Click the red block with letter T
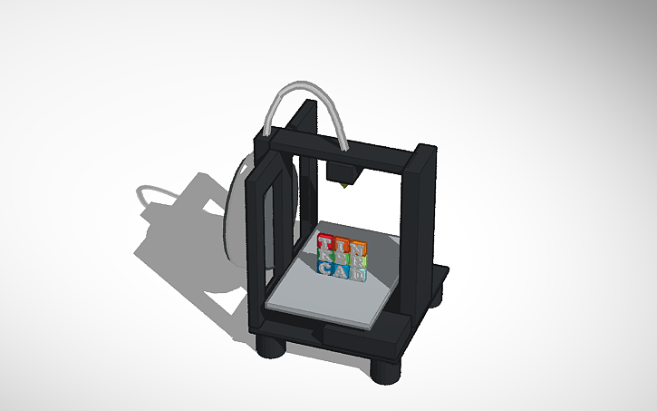(x=326, y=242)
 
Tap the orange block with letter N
(x=357, y=248)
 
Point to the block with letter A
(x=338, y=270)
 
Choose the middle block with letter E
(x=340, y=258)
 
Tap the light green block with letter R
(x=360, y=259)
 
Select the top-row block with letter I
(x=342, y=245)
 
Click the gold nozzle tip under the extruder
(x=345, y=186)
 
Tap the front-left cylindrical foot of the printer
(x=273, y=347)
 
